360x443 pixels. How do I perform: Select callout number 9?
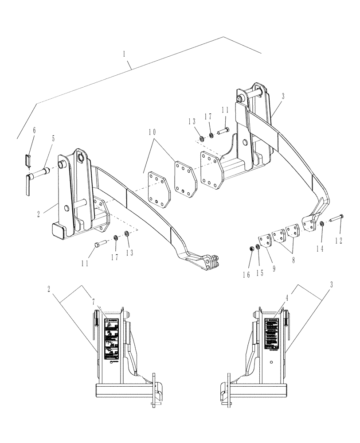pyautogui.click(x=273, y=268)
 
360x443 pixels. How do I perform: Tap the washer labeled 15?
pyautogui.click(x=258, y=246)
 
